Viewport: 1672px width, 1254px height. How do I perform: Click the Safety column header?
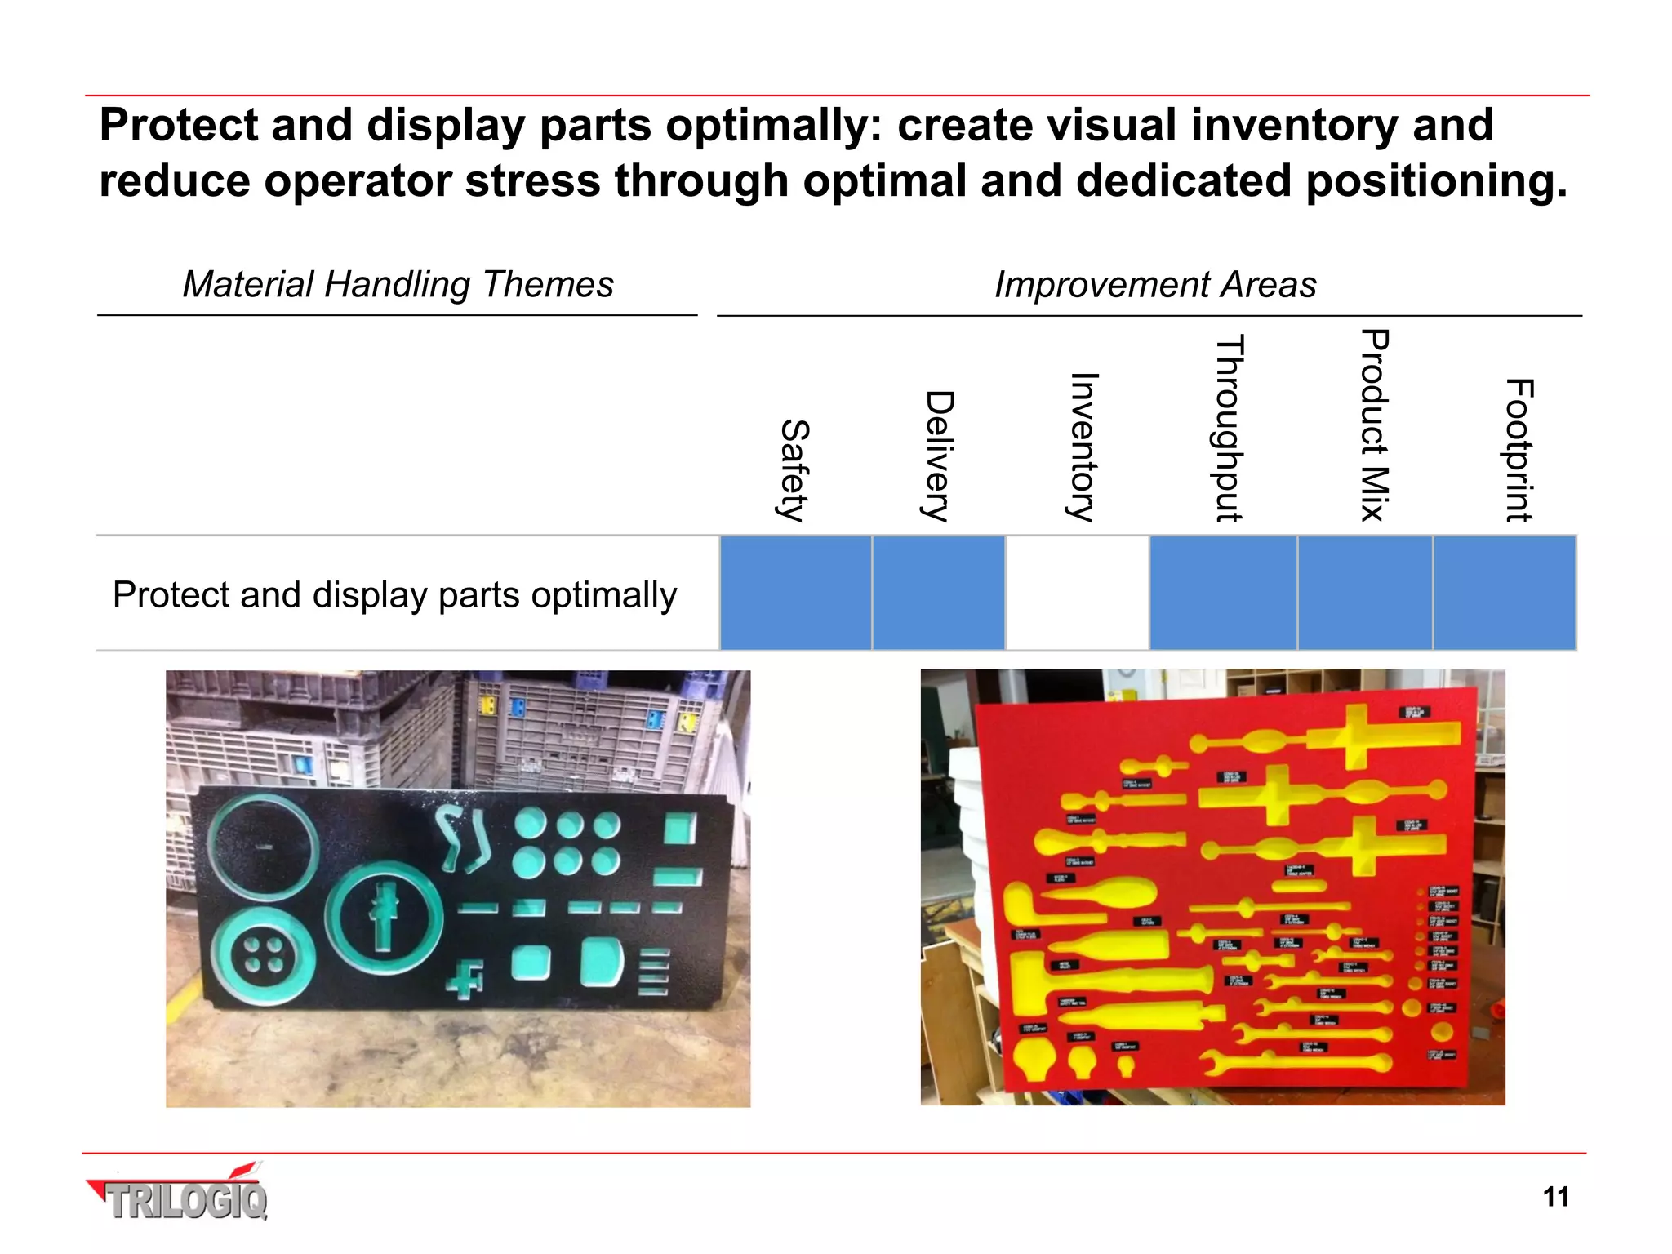tap(794, 470)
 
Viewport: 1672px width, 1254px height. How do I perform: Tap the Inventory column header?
tap(1083, 447)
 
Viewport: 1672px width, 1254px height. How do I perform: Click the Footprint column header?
tap(1519, 450)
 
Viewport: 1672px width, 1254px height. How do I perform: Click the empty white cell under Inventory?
tap(1077, 594)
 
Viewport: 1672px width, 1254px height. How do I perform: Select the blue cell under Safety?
tap(795, 594)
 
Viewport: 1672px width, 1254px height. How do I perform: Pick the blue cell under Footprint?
tap(1505, 594)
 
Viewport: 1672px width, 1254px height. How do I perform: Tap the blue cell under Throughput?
tap(1223, 594)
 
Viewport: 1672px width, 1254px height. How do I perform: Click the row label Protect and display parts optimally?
tap(395, 594)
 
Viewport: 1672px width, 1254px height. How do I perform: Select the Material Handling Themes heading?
tap(398, 284)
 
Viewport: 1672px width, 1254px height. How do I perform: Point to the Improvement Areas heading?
tap(1154, 284)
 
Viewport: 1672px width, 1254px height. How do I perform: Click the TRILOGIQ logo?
tap(180, 1195)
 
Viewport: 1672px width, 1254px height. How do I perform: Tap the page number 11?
tap(1556, 1197)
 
